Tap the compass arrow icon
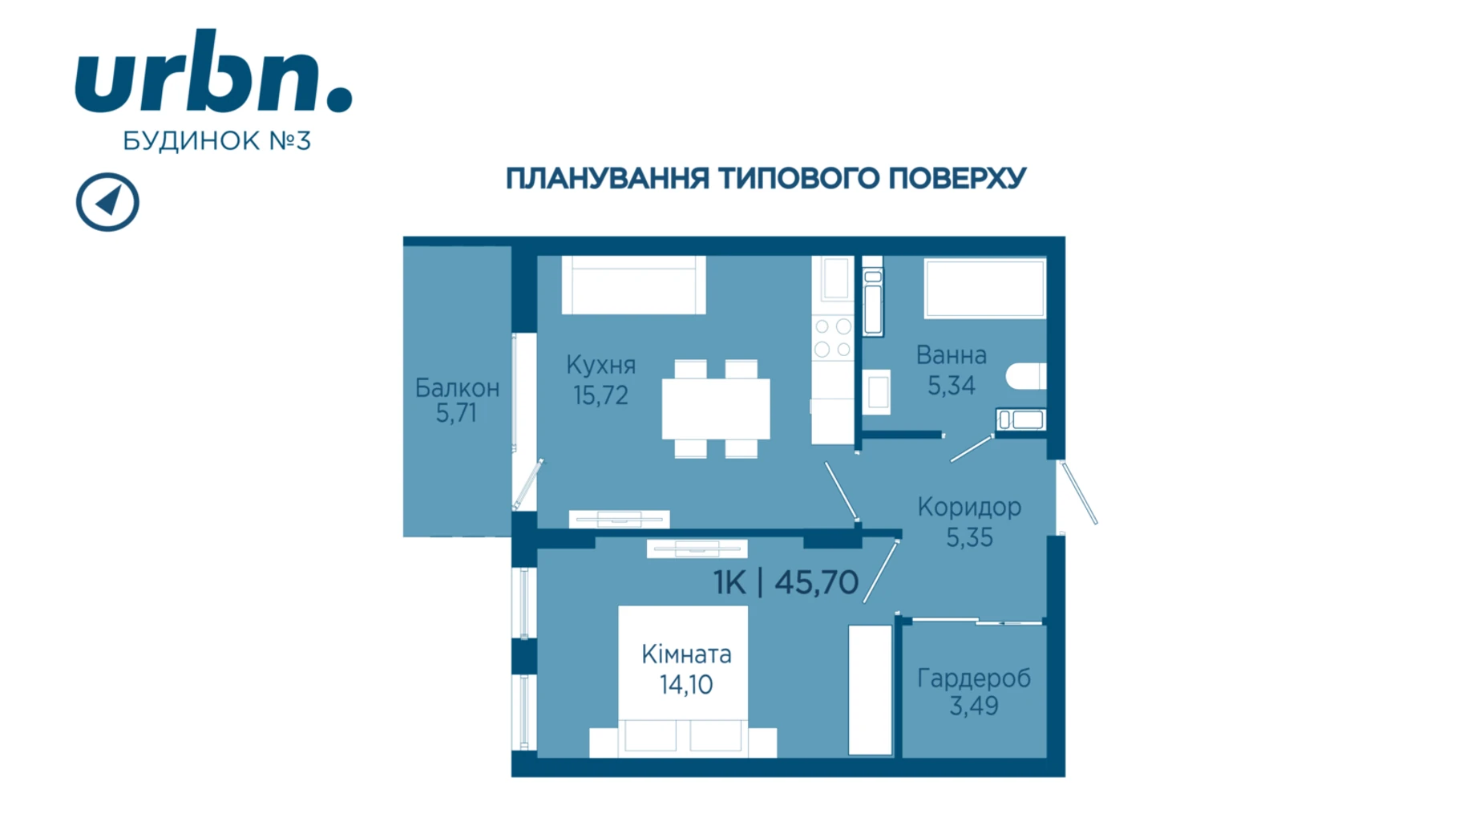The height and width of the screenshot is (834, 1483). click(x=107, y=202)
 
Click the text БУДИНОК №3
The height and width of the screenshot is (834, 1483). click(x=216, y=141)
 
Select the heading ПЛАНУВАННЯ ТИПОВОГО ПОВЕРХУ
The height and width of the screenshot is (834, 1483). click(x=766, y=178)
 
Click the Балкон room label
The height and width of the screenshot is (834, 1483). click(x=457, y=388)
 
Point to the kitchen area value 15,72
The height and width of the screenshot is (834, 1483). click(x=600, y=395)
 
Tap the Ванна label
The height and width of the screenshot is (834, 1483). click(x=952, y=354)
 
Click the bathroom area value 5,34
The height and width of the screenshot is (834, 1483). click(x=952, y=386)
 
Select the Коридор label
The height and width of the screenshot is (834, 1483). click(x=969, y=507)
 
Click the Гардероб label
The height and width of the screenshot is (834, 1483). click(x=974, y=678)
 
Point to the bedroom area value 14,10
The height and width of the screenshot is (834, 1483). click(x=686, y=685)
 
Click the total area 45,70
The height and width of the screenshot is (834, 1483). click(x=817, y=582)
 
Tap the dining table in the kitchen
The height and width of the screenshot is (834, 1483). click(x=716, y=409)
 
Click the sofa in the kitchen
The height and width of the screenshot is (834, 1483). click(x=633, y=285)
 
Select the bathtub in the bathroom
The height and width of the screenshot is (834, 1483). click(x=984, y=287)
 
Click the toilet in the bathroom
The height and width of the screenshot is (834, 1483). click(x=1026, y=376)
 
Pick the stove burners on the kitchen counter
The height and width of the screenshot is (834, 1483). click(x=833, y=338)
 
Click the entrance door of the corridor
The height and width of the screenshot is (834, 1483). click(x=1078, y=492)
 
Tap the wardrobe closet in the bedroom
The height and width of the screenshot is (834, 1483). click(x=870, y=690)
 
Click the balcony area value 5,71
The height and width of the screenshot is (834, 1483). click(x=456, y=413)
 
